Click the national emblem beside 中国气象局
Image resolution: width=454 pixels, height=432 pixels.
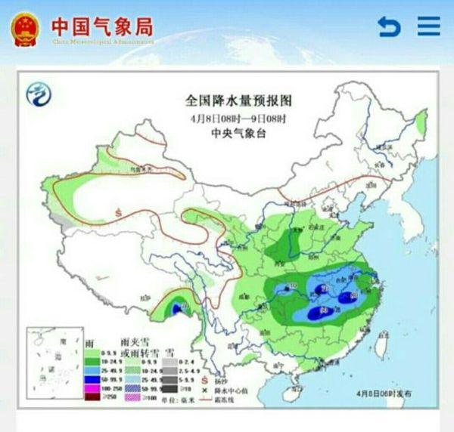26,28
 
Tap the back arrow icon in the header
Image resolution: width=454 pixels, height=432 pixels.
389,27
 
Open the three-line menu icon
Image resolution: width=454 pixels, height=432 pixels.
428,26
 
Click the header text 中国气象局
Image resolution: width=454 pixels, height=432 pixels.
101,26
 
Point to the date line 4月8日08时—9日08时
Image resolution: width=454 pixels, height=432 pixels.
238,118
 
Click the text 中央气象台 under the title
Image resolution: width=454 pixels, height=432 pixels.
238,134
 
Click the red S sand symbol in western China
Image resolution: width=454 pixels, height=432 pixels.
118,212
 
